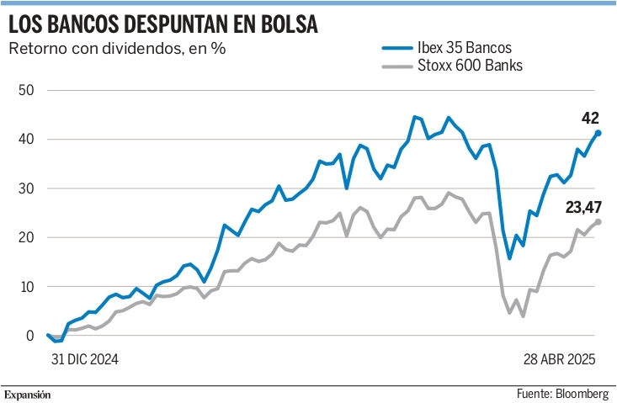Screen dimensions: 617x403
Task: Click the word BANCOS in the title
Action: click(84, 24)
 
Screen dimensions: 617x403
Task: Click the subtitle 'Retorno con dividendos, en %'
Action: click(117, 48)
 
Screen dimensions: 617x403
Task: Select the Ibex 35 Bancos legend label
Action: click(465, 48)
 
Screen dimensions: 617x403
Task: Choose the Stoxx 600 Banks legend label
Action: click(470, 66)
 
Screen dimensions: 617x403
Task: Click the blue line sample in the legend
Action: click(397, 48)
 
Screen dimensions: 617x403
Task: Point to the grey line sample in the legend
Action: click(397, 66)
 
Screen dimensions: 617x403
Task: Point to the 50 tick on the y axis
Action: click(26, 90)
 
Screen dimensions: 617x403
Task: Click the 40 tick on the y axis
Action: click(26, 139)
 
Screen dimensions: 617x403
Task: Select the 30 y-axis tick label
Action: click(26, 188)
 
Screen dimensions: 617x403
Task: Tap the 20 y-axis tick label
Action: click(26, 237)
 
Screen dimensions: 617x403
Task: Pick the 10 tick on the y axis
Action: click(26, 287)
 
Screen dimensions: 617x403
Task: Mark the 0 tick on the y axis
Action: click(30, 336)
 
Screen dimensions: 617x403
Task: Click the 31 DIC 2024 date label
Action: click(85, 359)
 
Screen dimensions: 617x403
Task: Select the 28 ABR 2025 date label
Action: click(559, 359)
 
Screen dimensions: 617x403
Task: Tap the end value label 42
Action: click(590, 118)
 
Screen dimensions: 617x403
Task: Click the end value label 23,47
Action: click(583, 207)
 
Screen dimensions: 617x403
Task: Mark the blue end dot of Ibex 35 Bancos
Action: click(598, 133)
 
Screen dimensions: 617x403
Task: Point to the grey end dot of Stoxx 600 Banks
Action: click(598, 222)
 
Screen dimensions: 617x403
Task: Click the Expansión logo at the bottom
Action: click(28, 395)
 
